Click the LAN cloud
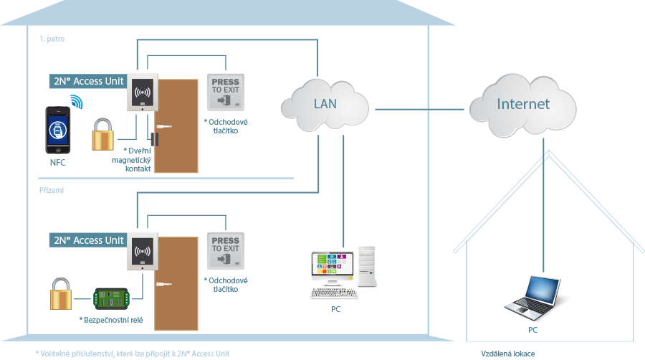point(325,105)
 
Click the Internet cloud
point(523,105)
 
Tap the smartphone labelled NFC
point(58,130)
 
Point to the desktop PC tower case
point(366,266)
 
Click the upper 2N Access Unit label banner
point(88,80)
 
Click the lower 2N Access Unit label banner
point(88,240)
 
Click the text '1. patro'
point(52,39)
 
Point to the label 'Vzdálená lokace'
point(507,354)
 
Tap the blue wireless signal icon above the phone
point(75,101)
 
